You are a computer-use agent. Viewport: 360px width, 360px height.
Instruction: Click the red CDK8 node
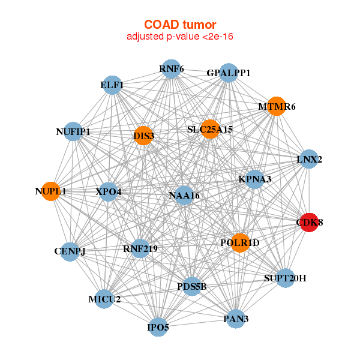pyautogui.click(x=309, y=223)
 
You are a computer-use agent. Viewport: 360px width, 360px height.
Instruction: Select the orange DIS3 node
pyautogui.click(x=143, y=136)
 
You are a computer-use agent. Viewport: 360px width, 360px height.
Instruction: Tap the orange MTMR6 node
pyautogui.click(x=277, y=106)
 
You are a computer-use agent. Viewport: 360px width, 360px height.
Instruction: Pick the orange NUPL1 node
pyautogui.click(x=50, y=191)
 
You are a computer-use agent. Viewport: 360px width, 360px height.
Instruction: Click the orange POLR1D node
pyautogui.click(x=240, y=243)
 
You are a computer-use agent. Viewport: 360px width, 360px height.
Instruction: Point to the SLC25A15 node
pyautogui.click(x=210, y=129)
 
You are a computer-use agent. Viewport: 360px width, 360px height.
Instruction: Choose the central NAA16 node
pyautogui.click(x=184, y=196)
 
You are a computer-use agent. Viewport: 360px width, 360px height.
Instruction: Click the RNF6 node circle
pyautogui.click(x=171, y=69)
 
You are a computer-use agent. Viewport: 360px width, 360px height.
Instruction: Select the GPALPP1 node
pyautogui.click(x=229, y=73)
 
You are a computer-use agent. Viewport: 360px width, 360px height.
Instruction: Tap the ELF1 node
pyautogui.click(x=112, y=85)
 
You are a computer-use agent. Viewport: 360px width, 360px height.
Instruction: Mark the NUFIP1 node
pyautogui.click(x=73, y=131)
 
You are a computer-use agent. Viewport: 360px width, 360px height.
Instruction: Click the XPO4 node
pyautogui.click(x=108, y=192)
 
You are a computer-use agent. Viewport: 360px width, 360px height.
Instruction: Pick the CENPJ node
pyautogui.click(x=70, y=252)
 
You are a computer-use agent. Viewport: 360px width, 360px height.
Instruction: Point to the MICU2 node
pyautogui.click(x=104, y=299)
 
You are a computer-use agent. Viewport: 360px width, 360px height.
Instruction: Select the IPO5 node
pyautogui.click(x=158, y=327)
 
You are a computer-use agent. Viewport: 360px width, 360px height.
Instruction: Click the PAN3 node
pyautogui.click(x=236, y=319)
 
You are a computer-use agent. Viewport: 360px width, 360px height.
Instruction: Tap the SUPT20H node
pyautogui.click(x=286, y=278)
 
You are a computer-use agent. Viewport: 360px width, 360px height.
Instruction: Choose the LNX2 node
pyautogui.click(x=309, y=159)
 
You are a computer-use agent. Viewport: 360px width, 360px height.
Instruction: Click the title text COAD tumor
pyautogui.click(x=180, y=25)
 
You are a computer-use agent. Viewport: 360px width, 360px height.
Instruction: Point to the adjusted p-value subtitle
pyautogui.click(x=180, y=37)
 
